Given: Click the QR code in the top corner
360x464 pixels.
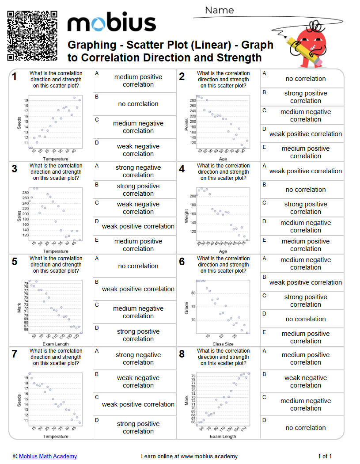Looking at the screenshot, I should pos(33,36).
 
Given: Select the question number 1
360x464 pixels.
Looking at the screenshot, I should pos(15,77).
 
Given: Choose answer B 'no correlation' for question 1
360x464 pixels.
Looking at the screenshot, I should pos(138,104).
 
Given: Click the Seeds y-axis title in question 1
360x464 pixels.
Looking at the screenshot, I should pos(19,122).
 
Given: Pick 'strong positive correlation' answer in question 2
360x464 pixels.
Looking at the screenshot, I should pos(305,97).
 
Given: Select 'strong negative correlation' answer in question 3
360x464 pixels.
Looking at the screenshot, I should pos(138,171).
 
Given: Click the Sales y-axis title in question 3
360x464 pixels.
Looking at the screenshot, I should pos(19,215).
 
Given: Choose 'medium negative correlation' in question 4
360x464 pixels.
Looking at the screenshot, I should pos(305,226).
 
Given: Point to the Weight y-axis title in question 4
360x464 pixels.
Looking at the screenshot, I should pos(186,216).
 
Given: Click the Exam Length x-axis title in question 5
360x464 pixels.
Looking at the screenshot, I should pos(55,344).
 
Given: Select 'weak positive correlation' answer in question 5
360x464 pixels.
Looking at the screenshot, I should pos(138,289).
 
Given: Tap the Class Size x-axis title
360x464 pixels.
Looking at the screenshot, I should pos(223,344).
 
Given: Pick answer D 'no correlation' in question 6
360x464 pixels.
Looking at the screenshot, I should pos(305,319).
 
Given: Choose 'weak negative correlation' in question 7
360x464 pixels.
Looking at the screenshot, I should pos(138,381).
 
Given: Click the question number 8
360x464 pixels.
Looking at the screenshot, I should pos(182,354).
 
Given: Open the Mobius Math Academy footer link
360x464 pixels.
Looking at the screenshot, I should pos(48,456).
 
